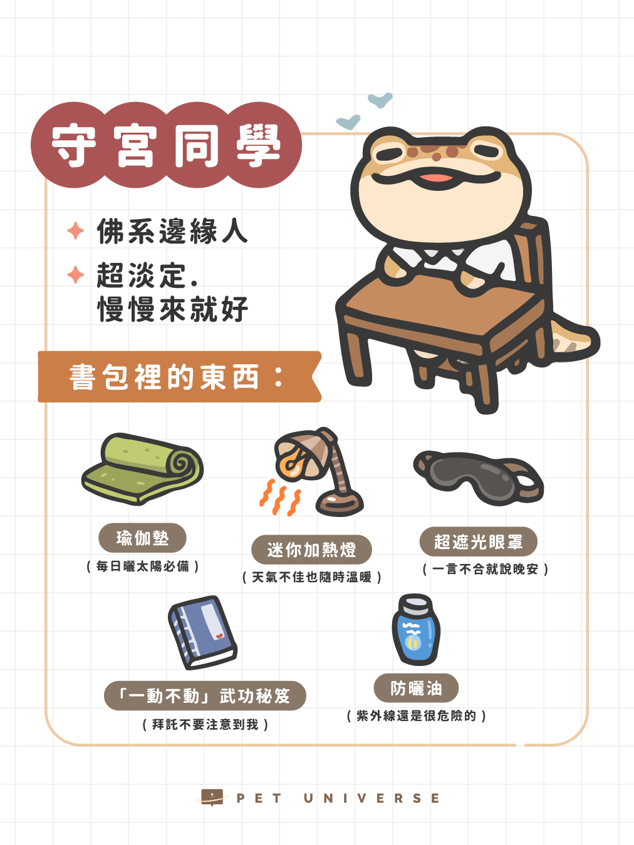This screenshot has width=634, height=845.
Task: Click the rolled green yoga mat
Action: (142, 468)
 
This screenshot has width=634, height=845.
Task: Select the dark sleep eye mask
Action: (478, 478)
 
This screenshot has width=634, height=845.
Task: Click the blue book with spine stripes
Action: (202, 633)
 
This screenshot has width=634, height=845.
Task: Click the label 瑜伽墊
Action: (142, 538)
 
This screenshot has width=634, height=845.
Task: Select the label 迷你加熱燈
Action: (311, 550)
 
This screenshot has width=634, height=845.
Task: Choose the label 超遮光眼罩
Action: (479, 541)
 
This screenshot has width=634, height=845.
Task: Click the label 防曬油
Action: (416, 688)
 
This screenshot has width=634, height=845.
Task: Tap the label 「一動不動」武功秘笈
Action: (205, 695)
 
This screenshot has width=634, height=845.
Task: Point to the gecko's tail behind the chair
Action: (574, 339)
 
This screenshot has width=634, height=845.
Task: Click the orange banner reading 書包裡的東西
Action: (180, 377)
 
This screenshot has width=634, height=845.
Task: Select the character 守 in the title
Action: (74, 145)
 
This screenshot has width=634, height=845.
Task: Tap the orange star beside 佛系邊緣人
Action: (76, 230)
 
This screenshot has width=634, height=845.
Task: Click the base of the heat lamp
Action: (340, 504)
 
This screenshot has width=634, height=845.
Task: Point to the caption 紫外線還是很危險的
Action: (417, 716)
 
